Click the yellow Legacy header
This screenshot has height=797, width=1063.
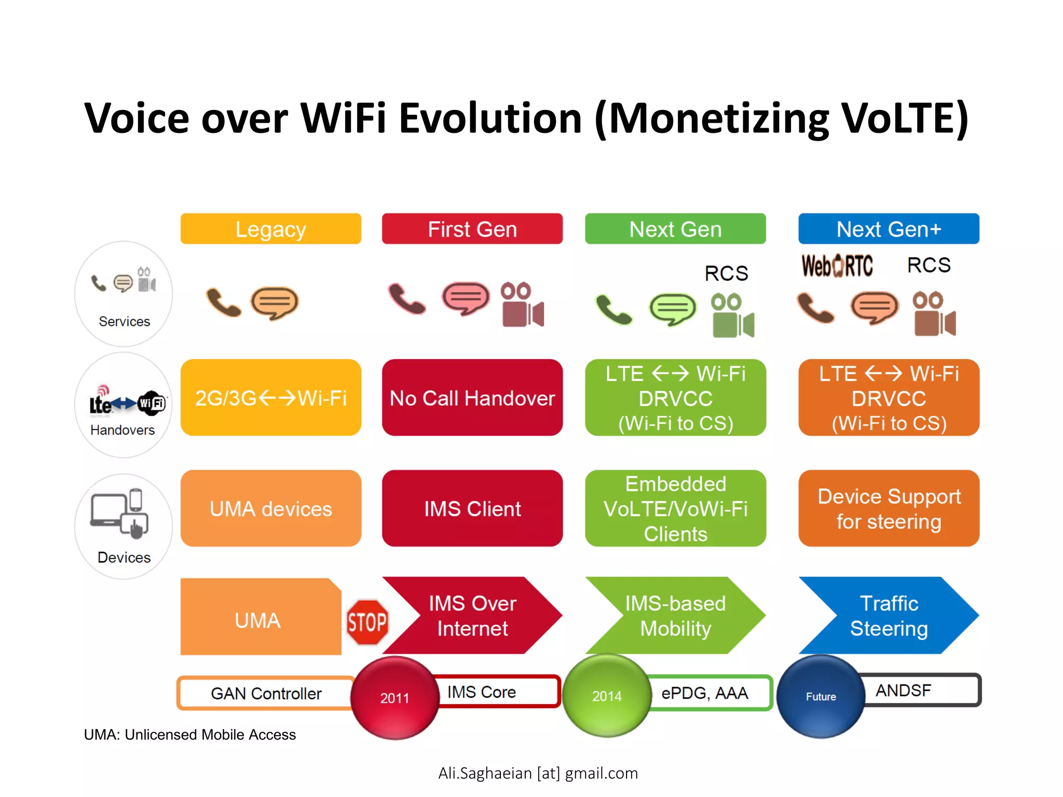tap(270, 229)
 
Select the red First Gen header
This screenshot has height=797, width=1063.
tap(472, 229)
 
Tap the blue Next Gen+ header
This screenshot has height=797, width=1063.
tap(888, 229)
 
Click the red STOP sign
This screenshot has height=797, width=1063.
tap(367, 622)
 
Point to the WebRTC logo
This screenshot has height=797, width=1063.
tap(837, 266)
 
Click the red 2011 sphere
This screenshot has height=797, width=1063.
tap(394, 697)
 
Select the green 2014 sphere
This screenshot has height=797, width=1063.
tap(606, 696)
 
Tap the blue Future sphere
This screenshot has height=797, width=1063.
tap(820, 696)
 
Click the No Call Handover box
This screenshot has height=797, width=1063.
tap(472, 398)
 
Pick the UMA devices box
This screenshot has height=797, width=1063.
tap(270, 509)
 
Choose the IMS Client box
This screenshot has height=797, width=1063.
tap(472, 509)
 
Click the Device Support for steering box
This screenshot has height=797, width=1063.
tap(888, 509)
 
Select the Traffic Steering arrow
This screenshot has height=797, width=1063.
tap(888, 615)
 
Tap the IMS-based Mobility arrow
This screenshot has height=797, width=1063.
tap(675, 615)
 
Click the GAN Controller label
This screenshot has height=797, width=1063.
tap(266, 693)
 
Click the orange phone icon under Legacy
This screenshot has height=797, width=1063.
tap(223, 302)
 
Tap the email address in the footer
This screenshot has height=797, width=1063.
tap(538, 773)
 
